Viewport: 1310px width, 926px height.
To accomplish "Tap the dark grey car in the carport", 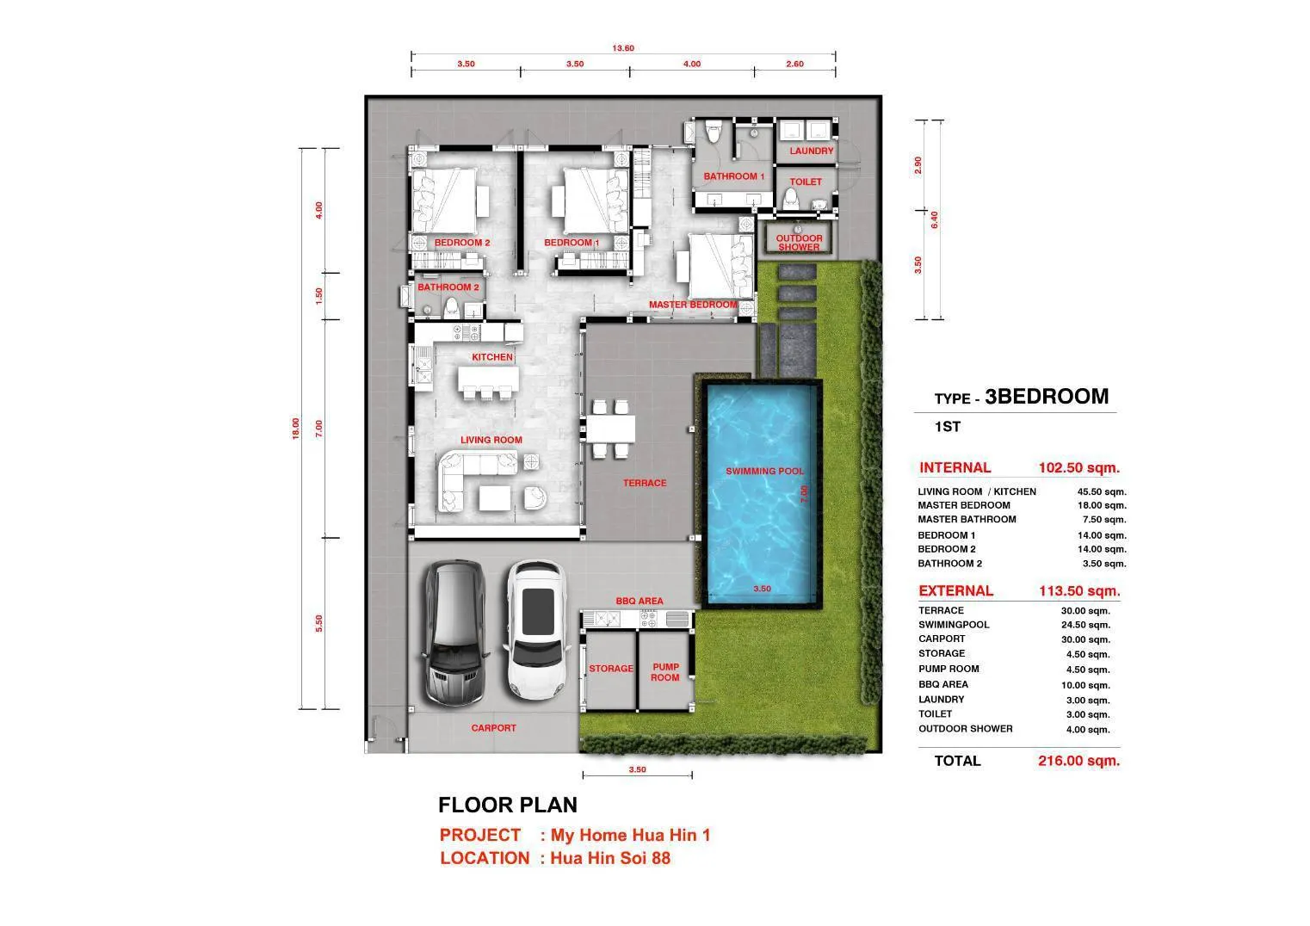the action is (454, 633).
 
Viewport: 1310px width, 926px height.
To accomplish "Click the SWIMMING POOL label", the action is (764, 472).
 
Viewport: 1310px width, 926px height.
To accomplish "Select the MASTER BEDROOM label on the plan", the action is (693, 305).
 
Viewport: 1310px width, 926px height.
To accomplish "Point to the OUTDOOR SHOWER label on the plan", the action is (799, 243).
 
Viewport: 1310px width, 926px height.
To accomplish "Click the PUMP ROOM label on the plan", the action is (665, 672).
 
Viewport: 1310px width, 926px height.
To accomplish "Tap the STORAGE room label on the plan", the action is (611, 668).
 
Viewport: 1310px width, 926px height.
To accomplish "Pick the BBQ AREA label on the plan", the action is (640, 601).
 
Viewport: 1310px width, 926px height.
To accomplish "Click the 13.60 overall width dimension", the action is (623, 48).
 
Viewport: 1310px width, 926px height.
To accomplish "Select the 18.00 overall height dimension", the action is (296, 429).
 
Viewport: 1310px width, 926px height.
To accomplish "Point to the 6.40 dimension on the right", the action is (934, 219).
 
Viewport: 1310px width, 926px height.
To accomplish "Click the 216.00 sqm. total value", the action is (1079, 761).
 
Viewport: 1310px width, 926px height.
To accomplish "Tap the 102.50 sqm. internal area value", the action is (1079, 467).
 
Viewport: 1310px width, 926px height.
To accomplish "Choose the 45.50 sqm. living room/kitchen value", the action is (1102, 491).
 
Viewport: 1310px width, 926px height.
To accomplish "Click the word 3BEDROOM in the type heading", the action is (1047, 397).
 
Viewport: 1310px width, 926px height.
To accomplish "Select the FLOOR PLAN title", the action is (508, 805).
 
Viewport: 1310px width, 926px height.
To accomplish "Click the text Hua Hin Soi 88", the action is (610, 858).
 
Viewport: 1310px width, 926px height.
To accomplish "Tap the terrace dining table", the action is (610, 429).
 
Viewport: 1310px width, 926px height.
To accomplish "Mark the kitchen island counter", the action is (488, 379).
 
